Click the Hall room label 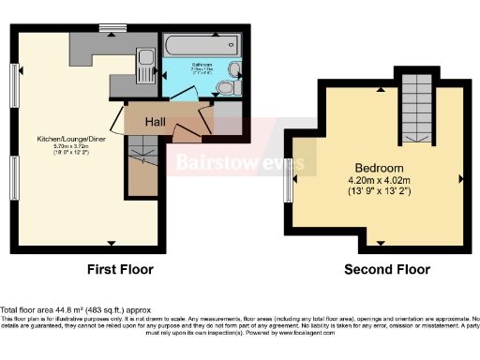click(x=155, y=121)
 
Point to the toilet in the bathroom click(x=225, y=88)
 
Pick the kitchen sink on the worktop click(x=145, y=65)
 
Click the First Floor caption click(x=120, y=270)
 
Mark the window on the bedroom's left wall click(x=288, y=177)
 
